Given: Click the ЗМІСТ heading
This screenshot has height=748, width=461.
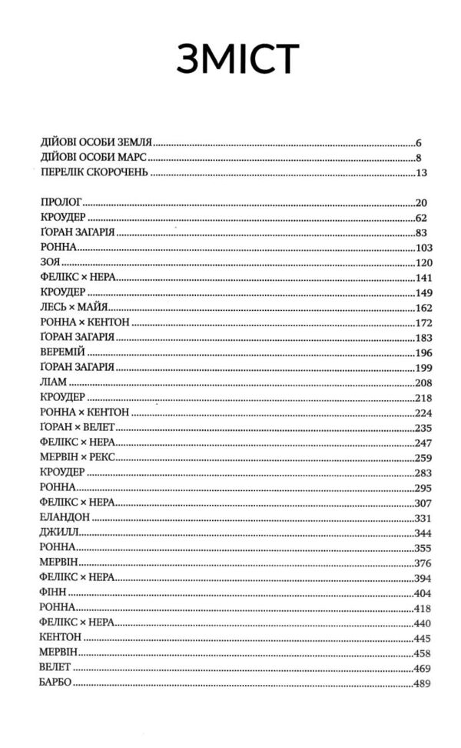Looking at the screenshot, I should pyautogui.click(x=236, y=60).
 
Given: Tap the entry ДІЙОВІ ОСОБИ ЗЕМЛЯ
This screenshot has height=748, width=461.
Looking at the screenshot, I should pyautogui.click(x=98, y=142).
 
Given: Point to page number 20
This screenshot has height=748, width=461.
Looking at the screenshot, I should pyautogui.click(x=420, y=203).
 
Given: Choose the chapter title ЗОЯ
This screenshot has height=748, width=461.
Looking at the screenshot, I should pyautogui.click(x=49, y=262).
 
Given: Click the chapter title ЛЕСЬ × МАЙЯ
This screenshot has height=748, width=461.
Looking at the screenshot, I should pyautogui.click(x=74, y=307).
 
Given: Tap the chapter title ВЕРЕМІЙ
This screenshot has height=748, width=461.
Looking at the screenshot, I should pyautogui.click(x=60, y=352).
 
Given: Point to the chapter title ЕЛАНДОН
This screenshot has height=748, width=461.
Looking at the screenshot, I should pyautogui.click(x=63, y=517).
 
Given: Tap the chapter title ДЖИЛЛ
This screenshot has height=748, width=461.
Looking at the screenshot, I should pyautogui.click(x=56, y=532).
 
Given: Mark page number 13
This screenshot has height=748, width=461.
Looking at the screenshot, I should pyautogui.click(x=421, y=172).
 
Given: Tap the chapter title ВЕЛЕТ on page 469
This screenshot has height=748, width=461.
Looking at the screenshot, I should pyautogui.click(x=52, y=667).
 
